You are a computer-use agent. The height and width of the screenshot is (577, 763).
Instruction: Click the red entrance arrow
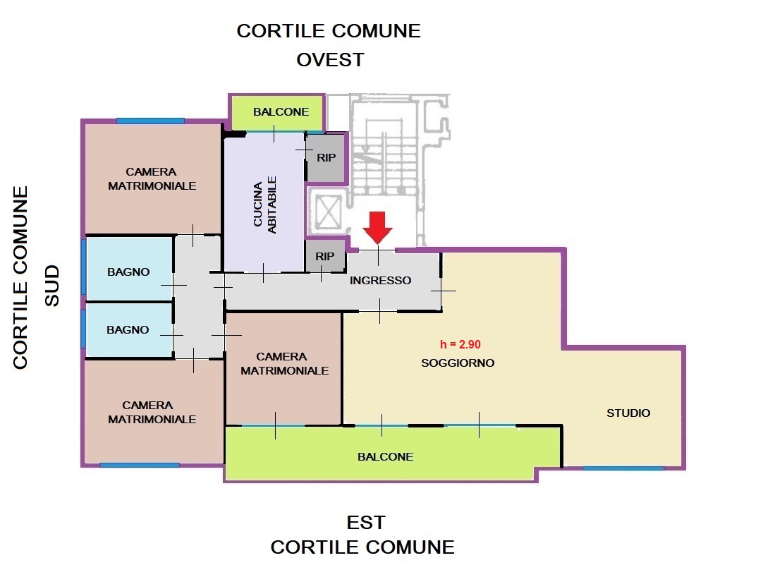click(377, 227)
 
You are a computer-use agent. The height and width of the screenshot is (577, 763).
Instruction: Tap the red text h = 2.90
click(460, 345)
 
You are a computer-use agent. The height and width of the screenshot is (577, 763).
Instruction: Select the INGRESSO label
click(380, 281)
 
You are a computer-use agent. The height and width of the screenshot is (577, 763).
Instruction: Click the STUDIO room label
click(628, 413)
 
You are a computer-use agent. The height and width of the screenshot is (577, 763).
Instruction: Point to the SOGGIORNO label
click(458, 363)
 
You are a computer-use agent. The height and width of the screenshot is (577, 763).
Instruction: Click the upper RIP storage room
click(326, 158)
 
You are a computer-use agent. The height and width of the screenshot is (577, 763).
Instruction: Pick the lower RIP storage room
click(325, 256)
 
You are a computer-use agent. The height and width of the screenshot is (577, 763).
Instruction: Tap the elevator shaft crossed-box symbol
click(328, 212)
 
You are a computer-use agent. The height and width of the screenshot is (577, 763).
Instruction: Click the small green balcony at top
click(276, 112)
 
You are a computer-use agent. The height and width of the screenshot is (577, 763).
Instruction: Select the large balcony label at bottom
click(386, 456)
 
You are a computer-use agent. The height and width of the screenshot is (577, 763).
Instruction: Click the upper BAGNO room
click(129, 268)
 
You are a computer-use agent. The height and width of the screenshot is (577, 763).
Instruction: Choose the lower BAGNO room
click(129, 330)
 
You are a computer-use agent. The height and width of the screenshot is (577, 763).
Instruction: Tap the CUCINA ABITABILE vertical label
click(264, 205)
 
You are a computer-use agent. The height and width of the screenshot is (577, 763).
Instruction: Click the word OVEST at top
click(331, 60)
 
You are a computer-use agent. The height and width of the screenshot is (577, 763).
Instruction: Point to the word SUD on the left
click(52, 286)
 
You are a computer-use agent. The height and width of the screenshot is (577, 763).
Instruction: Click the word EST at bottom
click(366, 523)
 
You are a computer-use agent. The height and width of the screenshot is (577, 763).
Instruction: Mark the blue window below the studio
click(623, 468)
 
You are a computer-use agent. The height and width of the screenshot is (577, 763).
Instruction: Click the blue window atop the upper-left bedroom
click(150, 121)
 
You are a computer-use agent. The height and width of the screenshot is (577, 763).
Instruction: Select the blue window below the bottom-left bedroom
click(140, 465)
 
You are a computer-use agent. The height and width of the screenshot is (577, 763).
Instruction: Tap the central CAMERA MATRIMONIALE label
click(285, 364)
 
